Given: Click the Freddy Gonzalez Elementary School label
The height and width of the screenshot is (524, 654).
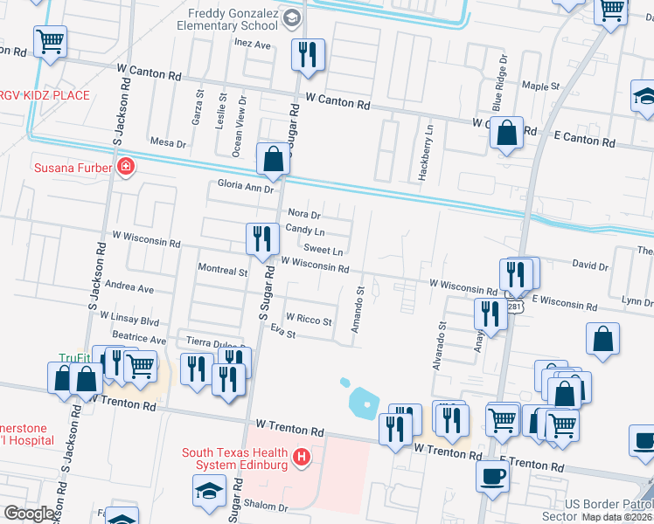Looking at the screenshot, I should (x=233, y=21).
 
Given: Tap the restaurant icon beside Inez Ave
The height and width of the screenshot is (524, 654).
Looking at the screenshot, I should (x=307, y=55).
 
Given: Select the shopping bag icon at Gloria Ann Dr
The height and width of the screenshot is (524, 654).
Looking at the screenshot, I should (x=274, y=159).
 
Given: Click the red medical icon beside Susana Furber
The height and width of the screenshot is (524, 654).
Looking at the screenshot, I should (x=126, y=167).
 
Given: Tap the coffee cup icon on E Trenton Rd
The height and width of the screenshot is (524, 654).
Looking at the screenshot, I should (x=492, y=476).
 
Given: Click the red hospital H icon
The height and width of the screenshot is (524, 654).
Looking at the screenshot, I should (x=302, y=457).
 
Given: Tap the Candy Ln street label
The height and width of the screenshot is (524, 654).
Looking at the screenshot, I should (x=305, y=231).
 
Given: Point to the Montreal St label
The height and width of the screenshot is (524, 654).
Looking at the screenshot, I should (x=223, y=272).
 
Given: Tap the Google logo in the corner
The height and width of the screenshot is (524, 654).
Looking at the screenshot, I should (x=29, y=514).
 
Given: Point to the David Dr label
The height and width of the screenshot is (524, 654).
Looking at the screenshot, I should (x=590, y=265).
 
